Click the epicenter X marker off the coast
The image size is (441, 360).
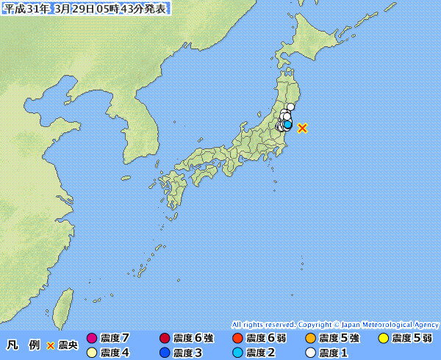point(302,128)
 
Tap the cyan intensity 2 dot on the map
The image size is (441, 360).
point(287,124)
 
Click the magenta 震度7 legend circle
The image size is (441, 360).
point(92,339)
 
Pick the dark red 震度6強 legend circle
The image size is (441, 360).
point(164,339)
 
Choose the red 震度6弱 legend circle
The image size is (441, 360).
point(237,339)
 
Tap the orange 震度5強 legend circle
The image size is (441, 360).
point(310,339)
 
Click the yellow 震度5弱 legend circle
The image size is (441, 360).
point(383,339)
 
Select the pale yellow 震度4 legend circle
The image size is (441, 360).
point(92,353)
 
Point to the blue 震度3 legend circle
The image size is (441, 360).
point(164,353)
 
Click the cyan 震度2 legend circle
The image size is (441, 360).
point(237,353)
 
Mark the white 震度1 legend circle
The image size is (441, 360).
point(310,353)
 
